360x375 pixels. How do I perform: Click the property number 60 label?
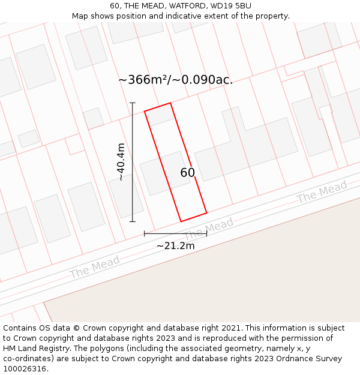tap(187, 173)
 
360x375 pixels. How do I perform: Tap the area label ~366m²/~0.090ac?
tap(175, 80)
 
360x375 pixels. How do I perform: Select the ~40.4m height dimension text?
tap(121, 162)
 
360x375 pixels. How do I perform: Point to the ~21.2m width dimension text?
tap(175, 245)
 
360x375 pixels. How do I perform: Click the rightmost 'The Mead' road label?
tap(322, 193)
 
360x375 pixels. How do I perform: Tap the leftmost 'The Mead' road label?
tap(94, 267)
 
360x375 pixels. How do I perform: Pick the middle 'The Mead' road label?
tap(208, 230)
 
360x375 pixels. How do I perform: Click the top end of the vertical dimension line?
tap(133, 103)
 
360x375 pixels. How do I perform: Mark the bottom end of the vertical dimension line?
tap(133, 221)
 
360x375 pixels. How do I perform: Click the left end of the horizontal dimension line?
tap(145, 233)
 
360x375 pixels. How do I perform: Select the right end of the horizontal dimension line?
tap(207, 233)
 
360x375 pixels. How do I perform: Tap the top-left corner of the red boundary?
tap(145, 111)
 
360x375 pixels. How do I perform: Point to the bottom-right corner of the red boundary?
tap(206, 212)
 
